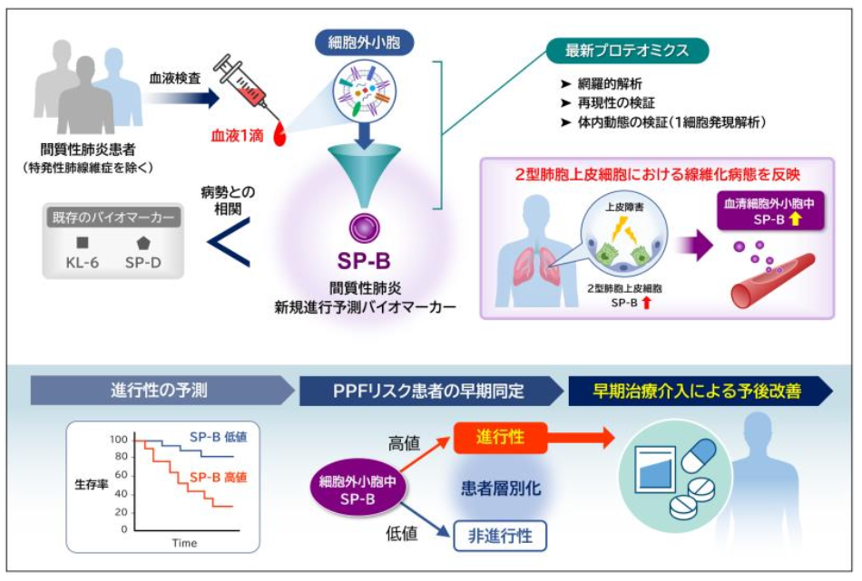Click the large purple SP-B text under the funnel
click(x=363, y=262)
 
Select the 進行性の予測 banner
click(x=161, y=391)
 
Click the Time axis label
click(x=185, y=543)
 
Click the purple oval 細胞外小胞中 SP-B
click(x=358, y=487)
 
